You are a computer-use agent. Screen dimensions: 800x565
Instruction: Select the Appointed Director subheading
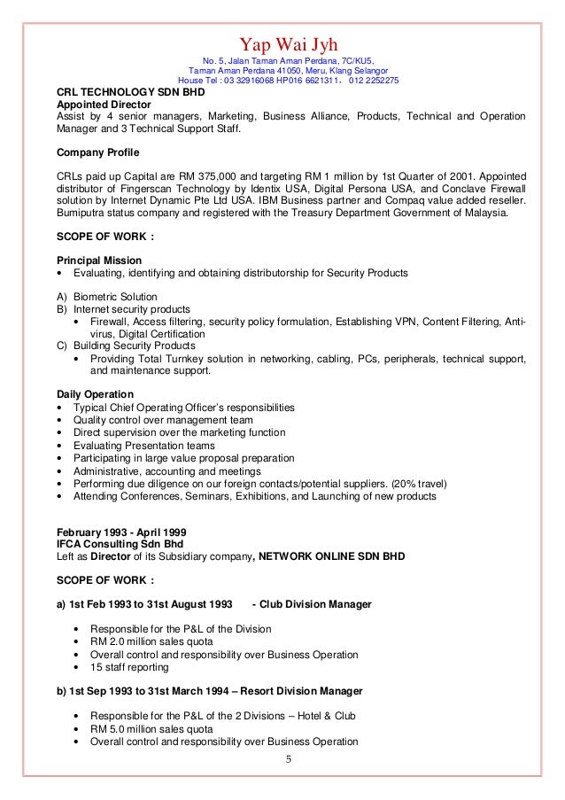pos(99,104)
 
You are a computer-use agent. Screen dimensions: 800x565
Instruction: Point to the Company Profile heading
pos(97,151)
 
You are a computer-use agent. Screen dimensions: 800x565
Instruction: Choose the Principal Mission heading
pos(99,260)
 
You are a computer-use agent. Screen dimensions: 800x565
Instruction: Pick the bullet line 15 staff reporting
pos(128,666)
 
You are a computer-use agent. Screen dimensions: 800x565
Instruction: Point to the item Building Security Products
pos(131,346)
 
